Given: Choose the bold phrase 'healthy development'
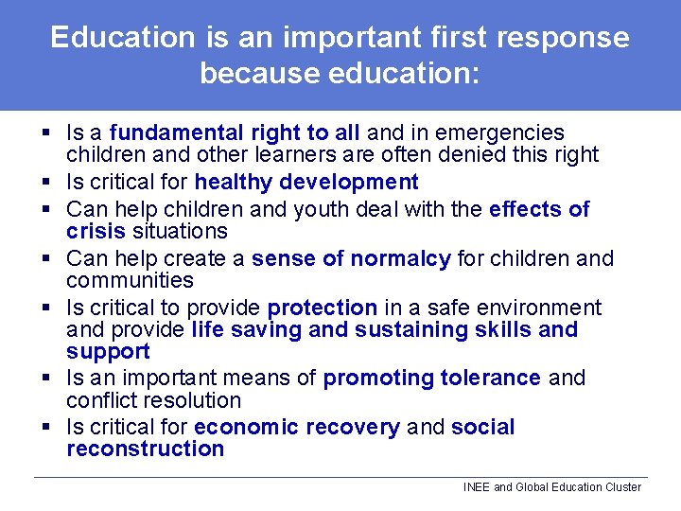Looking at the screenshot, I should tap(306, 182).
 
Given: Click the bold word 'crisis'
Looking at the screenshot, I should tap(96, 231).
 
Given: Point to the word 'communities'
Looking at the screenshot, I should tap(130, 280).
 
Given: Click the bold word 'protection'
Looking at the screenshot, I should tap(323, 308).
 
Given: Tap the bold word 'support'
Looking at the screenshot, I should tap(108, 351).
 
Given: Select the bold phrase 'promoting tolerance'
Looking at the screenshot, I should tap(432, 379).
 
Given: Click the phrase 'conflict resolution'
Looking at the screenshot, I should tap(154, 400).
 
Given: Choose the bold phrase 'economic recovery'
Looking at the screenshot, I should tap(297, 428).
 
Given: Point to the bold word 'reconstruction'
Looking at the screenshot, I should tap(145, 449).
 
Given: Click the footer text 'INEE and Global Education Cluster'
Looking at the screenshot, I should tap(551, 487).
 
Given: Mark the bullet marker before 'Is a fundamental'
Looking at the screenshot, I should tap(44, 133).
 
